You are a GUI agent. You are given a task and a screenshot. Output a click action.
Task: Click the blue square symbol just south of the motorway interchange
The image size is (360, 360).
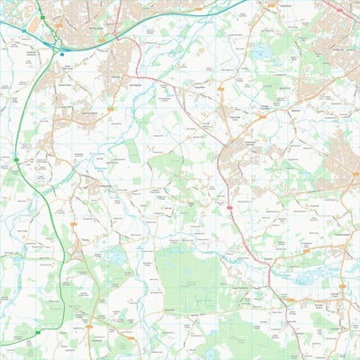coord(63,53)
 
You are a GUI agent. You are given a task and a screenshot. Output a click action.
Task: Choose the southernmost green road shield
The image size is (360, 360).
coord(39,332)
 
